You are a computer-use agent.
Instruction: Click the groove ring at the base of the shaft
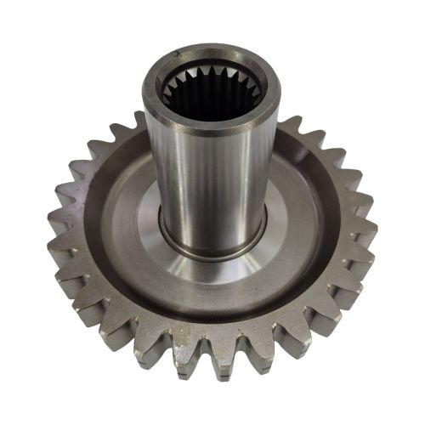tap(212, 247)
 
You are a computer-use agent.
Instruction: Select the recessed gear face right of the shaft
tap(297, 212)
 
